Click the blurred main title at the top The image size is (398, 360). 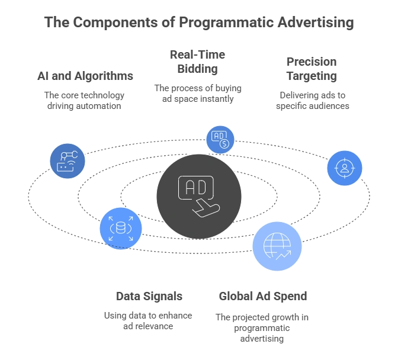coord(199,24)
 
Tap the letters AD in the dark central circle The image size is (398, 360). coord(194,188)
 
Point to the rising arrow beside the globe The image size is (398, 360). coord(283,256)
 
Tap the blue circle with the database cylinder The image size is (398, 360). coord(120,226)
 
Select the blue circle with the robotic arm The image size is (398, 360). coord(66,160)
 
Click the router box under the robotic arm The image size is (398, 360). coord(64,168)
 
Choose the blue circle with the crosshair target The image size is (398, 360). coord(345,168)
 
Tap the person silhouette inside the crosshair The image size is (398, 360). coord(345,168)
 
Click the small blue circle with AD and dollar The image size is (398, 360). coord(220,139)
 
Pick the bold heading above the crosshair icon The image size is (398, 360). coord(312,69)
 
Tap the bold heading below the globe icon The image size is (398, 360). coord(262,296)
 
